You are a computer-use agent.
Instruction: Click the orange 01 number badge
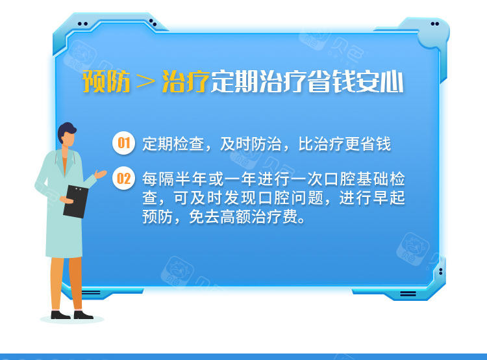coord(123,144)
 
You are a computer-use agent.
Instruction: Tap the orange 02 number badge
coord(123,179)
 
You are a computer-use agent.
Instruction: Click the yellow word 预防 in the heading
coord(106,82)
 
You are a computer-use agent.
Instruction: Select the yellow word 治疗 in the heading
coord(186,82)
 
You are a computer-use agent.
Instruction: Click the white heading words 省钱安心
coord(356,82)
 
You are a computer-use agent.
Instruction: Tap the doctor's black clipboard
coord(76,201)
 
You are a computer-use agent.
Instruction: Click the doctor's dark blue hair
coord(66,130)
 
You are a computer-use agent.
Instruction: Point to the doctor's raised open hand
coord(101,174)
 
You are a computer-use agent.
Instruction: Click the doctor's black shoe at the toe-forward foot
coord(83,315)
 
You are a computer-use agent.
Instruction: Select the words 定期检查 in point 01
coord(173,144)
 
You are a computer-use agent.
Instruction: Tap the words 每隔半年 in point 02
coord(173,179)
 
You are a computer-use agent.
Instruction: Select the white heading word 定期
coord(235,82)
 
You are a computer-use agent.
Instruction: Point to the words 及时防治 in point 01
coord(251,144)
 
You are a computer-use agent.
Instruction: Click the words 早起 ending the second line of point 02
coord(389,198)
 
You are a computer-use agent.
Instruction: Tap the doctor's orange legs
coord(66,283)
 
